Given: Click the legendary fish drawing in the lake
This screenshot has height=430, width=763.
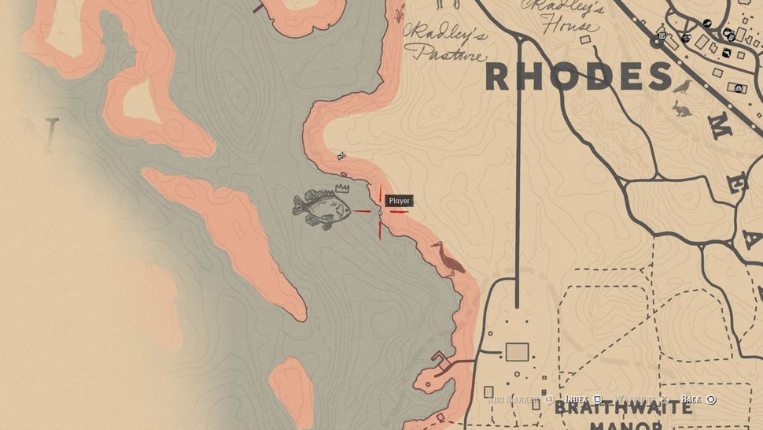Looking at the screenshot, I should (x=322, y=209).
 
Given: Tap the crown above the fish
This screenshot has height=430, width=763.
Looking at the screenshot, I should (x=341, y=188).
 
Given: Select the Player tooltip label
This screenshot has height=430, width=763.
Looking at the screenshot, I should (x=399, y=202).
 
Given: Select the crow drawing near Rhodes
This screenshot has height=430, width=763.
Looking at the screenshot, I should (x=683, y=87).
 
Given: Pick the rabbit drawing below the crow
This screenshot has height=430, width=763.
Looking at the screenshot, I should (x=681, y=109).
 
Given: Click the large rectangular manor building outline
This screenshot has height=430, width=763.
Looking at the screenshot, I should (x=516, y=352).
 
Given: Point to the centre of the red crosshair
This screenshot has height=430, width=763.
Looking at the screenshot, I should (x=381, y=212).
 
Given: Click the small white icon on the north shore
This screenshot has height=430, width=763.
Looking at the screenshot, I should (x=341, y=157).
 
